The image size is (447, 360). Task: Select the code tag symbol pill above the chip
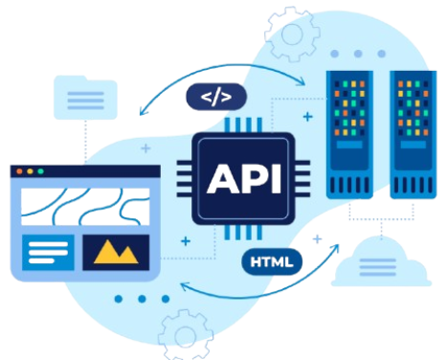click(x=215, y=96)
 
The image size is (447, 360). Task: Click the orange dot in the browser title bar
click(x=17, y=171)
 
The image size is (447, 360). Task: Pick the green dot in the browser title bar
click(x=41, y=171)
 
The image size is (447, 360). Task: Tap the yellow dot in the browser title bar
click(x=29, y=171)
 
